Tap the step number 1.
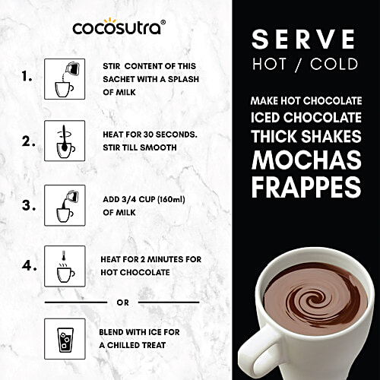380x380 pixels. click(28, 77)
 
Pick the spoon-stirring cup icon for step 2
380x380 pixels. click(64, 141)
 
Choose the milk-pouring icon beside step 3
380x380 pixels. click(64, 205)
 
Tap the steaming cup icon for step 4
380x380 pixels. click(64, 267)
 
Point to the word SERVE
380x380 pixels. click(303, 38)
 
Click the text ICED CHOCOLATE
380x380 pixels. click(303, 119)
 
